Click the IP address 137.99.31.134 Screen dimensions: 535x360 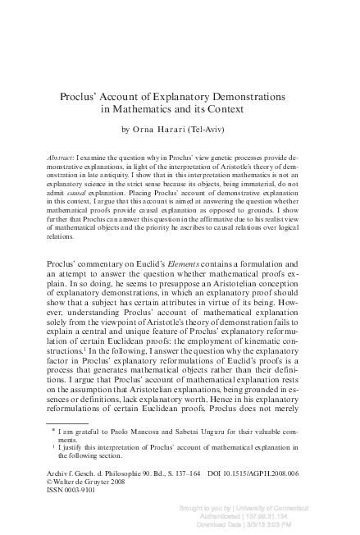click(x=302, y=518)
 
